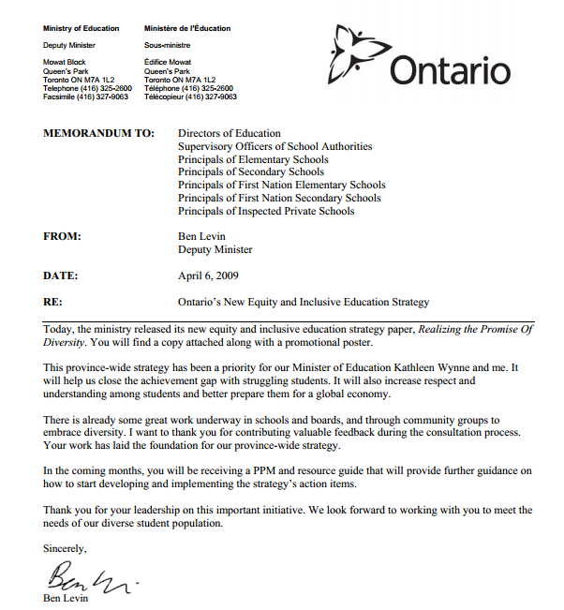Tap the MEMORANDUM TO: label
pos(99,134)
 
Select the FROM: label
pos(63,237)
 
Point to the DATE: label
pos(62,276)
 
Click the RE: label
pos(53,303)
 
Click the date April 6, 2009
pos(208,276)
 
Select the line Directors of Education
pos(230,134)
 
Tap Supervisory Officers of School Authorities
pos(275,147)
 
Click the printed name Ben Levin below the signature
pos(67,597)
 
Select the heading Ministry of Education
pos(81,29)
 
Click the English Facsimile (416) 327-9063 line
pos(86,97)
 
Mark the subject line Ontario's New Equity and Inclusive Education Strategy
pos(304,303)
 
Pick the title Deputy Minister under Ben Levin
pos(215,250)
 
